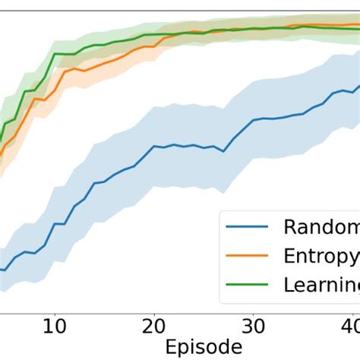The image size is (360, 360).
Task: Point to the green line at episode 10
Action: tap(54, 54)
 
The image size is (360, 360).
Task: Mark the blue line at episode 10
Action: tap(54, 224)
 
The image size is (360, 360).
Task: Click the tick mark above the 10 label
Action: tap(54, 313)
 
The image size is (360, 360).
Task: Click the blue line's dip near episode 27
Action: tap(223, 151)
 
